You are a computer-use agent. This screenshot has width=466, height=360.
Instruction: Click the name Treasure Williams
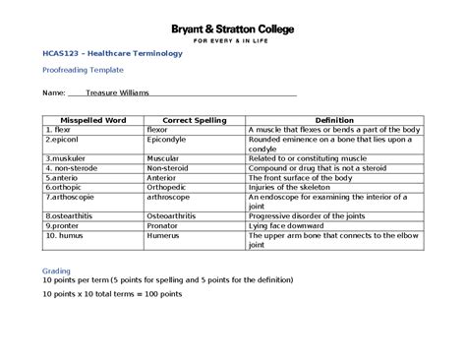[117, 92]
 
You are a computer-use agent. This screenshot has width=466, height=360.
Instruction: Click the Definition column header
[333, 120]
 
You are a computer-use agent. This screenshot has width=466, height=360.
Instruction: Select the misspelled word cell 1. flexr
[59, 130]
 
